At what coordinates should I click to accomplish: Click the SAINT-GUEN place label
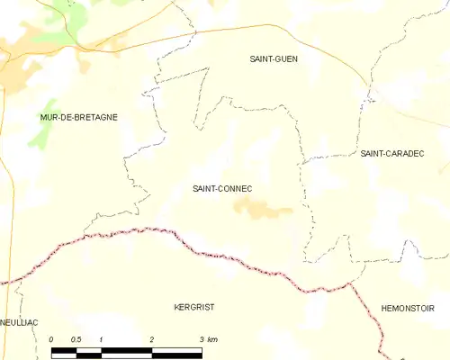point(274,58)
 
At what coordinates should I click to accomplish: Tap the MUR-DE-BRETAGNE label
point(79,117)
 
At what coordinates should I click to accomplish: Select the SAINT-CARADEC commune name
point(391,154)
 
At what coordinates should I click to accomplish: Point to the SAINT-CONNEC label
point(221,188)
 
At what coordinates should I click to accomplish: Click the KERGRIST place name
point(193,307)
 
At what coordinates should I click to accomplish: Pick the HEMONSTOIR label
point(408,308)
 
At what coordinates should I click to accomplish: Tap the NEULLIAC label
point(18,321)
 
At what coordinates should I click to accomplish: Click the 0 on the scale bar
point(52,339)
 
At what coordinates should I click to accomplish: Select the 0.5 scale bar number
point(76,339)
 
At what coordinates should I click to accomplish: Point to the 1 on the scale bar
point(102,339)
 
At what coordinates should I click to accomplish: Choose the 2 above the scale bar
point(151,339)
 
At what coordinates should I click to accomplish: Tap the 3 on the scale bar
point(201,339)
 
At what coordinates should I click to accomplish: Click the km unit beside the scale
point(212,339)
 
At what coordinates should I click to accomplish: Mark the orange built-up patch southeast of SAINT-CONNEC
point(261,211)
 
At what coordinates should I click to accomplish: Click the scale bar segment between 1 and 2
point(126,351)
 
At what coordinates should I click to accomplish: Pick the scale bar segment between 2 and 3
point(176,351)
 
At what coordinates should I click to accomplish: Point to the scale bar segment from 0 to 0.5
point(64,351)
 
